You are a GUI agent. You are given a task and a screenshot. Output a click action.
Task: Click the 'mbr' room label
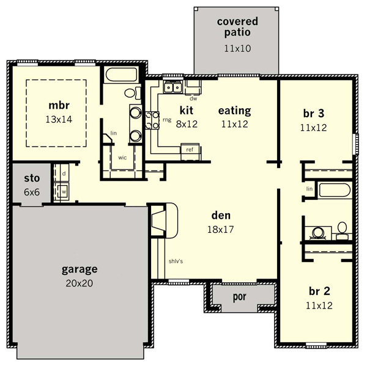pos(59,106)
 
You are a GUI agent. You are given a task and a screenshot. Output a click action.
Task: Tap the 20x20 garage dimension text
pos(79,284)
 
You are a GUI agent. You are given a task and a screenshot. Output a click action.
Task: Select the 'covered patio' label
pos(237,27)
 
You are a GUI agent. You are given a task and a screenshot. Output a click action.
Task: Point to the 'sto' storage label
pos(32,178)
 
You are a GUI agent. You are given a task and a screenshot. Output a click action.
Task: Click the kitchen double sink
pos(173,87)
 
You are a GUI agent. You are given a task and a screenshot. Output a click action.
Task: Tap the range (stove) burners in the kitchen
pos(152,120)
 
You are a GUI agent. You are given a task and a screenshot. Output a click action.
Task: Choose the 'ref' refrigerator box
pos(190,152)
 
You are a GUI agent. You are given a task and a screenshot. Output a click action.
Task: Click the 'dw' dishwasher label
pos(193,99)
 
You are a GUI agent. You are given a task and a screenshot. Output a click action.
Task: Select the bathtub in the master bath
pos(120,75)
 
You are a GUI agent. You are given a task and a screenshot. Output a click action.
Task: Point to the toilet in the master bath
pos(133,93)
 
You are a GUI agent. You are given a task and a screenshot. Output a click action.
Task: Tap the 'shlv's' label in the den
pos(176,261)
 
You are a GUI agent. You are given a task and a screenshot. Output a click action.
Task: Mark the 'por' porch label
pos(239,297)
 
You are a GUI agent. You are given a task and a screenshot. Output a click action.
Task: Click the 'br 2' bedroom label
pos(319,291)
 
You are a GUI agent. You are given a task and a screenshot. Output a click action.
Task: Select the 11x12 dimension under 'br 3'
pos(313,128)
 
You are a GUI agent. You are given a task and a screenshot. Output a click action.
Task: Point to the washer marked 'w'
pos(62,192)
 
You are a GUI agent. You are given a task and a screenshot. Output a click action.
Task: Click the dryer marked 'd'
pos(62,173)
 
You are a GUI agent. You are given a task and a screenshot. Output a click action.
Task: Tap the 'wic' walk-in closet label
pos(122,158)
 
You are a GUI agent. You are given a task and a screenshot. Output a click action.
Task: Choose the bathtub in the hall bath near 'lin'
pos(335,190)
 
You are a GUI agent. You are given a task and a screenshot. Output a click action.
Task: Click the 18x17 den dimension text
pos(220,229)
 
